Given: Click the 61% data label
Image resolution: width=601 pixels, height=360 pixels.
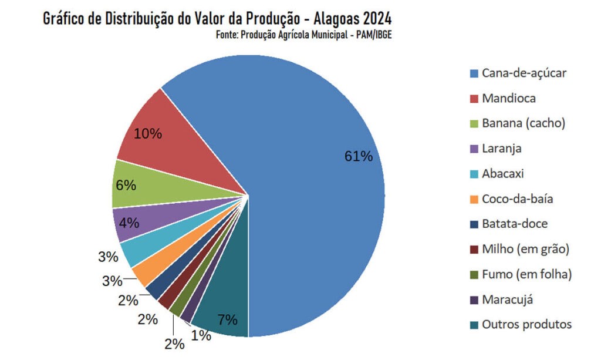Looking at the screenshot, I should pyautogui.click(x=358, y=156).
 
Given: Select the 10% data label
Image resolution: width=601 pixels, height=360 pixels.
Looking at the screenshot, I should pyautogui.click(x=147, y=134).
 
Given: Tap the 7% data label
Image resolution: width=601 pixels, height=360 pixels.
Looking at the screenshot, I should pyautogui.click(x=227, y=320).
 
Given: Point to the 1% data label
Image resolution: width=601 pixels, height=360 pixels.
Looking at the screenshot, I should pyautogui.click(x=201, y=335).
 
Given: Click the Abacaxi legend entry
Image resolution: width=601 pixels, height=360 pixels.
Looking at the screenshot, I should pyautogui.click(x=502, y=174).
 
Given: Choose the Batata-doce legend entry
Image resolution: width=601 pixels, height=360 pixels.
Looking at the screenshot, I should pyautogui.click(x=515, y=224).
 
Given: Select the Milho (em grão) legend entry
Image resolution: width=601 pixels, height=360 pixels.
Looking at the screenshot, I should pyautogui.click(x=525, y=250).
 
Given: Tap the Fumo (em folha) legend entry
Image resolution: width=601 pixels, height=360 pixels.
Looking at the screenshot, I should pyautogui.click(x=526, y=274).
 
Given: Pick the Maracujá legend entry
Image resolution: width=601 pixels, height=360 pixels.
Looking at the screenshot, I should pyautogui.click(x=507, y=300).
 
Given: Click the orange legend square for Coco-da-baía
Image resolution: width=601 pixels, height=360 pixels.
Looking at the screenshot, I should pyautogui.click(x=474, y=200).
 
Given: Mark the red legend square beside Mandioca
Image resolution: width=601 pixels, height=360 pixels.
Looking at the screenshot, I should pyautogui.click(x=474, y=99).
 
